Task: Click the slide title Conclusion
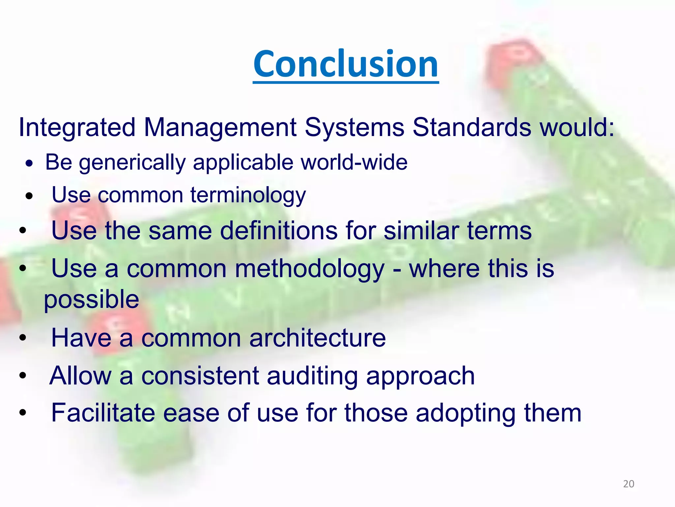346,64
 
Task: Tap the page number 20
629,484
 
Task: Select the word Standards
472,127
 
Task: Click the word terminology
248,195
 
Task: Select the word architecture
317,338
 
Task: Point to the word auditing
312,376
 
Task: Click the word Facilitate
103,413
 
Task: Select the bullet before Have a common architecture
22,338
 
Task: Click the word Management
220,127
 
